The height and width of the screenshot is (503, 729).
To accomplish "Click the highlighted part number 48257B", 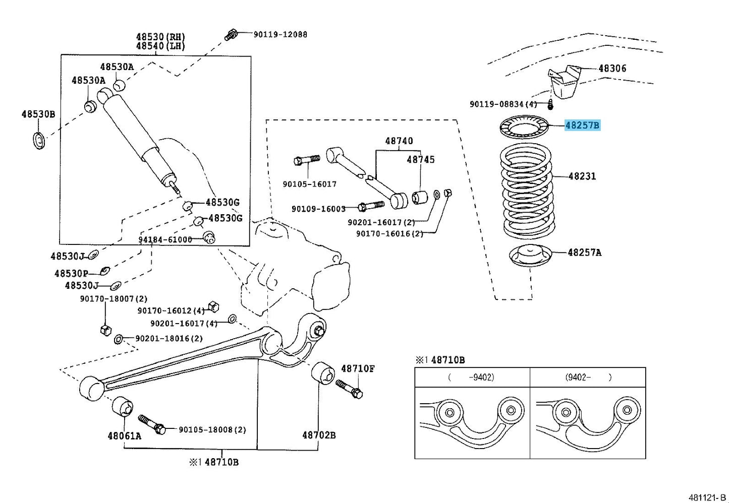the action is [582, 125].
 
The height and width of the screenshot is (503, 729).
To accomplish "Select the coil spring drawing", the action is [527, 192].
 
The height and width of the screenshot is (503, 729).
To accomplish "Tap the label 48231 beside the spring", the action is [582, 176].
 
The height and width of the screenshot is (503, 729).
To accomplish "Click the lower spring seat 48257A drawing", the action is [530, 255].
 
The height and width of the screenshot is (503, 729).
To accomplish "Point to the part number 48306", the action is [612, 68].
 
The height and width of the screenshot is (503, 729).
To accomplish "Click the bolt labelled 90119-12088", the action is [231, 34].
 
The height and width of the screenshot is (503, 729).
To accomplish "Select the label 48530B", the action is [38, 114].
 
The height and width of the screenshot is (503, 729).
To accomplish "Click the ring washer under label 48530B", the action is [39, 141].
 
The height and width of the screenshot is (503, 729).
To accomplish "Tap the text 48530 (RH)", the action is [160, 36].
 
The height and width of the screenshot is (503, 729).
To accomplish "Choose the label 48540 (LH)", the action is [160, 46].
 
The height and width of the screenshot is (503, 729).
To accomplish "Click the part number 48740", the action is [399, 141].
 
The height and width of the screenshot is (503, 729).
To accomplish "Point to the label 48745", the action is [420, 159].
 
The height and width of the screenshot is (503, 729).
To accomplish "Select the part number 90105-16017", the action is [309, 184].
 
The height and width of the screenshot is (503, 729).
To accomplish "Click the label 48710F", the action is [358, 369].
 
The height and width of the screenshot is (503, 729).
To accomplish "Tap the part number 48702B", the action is [319, 435].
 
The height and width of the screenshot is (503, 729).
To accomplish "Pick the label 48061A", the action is [124, 435].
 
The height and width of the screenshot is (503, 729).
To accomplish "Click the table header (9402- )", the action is [588, 377].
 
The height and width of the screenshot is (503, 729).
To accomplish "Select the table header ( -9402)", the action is [471, 377].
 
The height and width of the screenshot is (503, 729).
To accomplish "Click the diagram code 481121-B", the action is [707, 497].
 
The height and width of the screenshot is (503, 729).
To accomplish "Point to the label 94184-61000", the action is [165, 239].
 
